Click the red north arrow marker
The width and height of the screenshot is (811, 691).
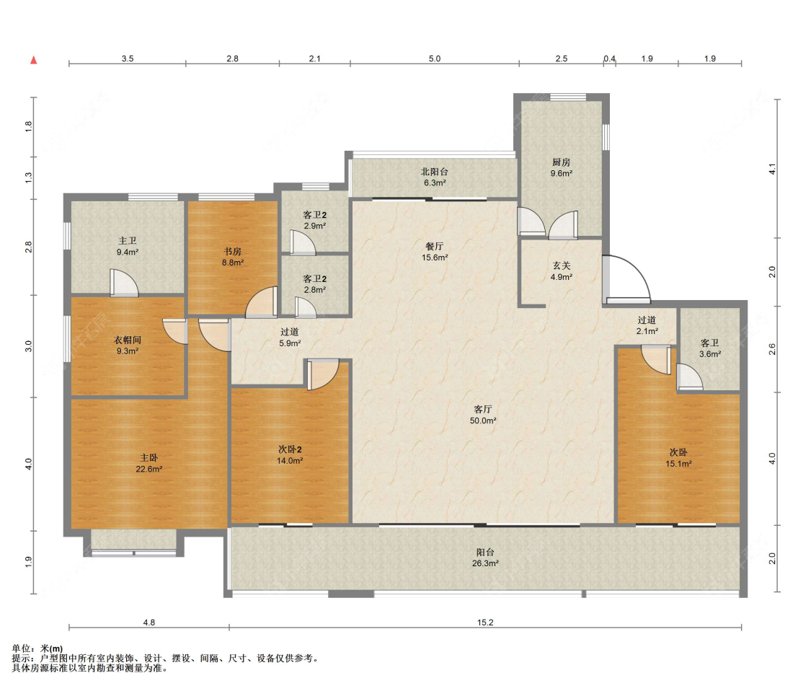click(x=34, y=60)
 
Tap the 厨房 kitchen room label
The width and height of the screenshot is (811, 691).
click(x=561, y=162)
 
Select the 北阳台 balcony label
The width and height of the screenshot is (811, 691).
click(x=435, y=172)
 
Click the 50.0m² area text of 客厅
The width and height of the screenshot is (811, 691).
click(x=483, y=421)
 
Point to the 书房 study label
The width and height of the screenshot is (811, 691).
click(x=233, y=252)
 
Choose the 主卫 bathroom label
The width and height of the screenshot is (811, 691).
click(x=127, y=241)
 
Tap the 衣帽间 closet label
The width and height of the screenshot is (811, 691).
click(x=127, y=340)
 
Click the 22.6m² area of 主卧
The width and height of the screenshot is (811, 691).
click(x=149, y=470)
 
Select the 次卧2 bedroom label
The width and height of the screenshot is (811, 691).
click(x=290, y=450)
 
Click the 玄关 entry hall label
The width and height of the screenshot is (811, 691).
click(x=561, y=265)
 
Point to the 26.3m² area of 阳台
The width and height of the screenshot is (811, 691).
click(x=485, y=563)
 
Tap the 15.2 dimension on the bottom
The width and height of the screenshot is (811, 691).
click(x=485, y=622)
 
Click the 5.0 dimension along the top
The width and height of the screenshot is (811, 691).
click(x=435, y=58)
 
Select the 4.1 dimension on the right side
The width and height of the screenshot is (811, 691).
click(x=772, y=169)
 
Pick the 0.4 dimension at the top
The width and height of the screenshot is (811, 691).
click(x=610, y=58)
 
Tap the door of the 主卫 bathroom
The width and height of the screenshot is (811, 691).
click(x=124, y=283)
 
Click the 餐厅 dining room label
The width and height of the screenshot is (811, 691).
click(x=435, y=247)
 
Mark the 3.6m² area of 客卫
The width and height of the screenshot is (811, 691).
click(x=709, y=355)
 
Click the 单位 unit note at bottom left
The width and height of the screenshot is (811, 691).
click(x=37, y=648)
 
